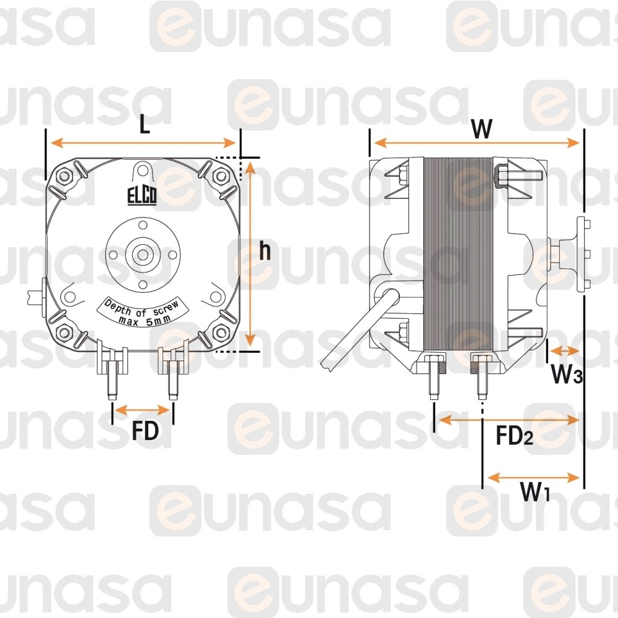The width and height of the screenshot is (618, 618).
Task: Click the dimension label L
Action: point(145,125)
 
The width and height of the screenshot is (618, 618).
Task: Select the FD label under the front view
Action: point(145,430)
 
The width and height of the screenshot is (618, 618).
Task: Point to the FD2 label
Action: point(514,436)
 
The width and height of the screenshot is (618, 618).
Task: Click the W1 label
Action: point(535,491)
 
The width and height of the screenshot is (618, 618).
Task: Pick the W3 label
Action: point(566,374)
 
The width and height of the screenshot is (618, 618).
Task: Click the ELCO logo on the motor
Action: point(142,195)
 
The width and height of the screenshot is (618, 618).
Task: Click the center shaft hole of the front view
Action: point(143,254)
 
